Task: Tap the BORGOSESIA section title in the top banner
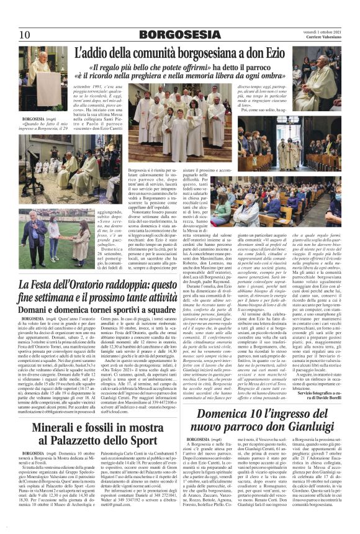(x=179, y=34)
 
